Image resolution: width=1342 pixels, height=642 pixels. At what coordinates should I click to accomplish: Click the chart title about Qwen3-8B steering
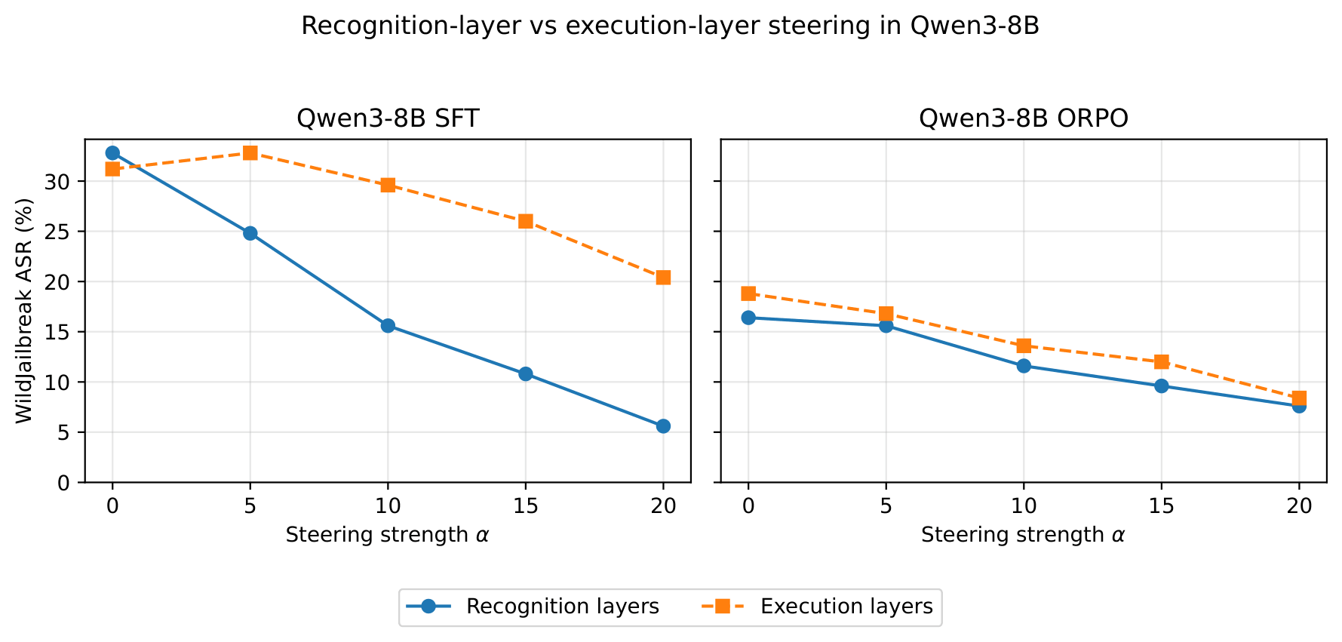pyautogui.click(x=670, y=26)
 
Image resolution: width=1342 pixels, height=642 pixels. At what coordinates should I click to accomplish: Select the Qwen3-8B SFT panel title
pyautogui.click(x=388, y=118)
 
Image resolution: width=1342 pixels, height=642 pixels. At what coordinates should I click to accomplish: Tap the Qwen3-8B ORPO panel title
pyautogui.click(x=1024, y=118)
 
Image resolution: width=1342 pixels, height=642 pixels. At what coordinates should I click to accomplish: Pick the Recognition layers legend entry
pyautogui.click(x=533, y=607)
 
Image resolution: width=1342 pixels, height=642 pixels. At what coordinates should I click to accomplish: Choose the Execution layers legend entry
pyautogui.click(x=818, y=607)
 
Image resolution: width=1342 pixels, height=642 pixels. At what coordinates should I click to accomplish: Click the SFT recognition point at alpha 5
pyautogui.click(x=250, y=233)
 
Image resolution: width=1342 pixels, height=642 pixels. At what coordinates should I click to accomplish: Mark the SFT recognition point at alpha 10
pyautogui.click(x=388, y=326)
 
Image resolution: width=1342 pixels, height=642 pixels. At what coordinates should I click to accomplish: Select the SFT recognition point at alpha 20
pyautogui.click(x=663, y=426)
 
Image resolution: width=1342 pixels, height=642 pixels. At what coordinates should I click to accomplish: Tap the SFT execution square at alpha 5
pyautogui.click(x=250, y=153)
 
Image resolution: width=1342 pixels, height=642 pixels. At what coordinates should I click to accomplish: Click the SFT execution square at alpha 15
pyautogui.click(x=526, y=221)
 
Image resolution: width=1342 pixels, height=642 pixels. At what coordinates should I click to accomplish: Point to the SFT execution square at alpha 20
pyautogui.click(x=663, y=278)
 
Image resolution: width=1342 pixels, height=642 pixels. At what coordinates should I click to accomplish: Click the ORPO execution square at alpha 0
pyautogui.click(x=748, y=293)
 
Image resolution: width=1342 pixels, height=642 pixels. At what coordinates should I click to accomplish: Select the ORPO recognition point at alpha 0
pyautogui.click(x=748, y=318)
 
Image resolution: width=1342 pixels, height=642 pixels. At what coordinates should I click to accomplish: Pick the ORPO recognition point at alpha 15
pyautogui.click(x=1162, y=386)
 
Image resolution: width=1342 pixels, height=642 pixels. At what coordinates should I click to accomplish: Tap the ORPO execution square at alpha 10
pyautogui.click(x=1024, y=346)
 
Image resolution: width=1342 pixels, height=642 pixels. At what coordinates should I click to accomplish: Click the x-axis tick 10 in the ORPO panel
pyautogui.click(x=1024, y=506)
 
